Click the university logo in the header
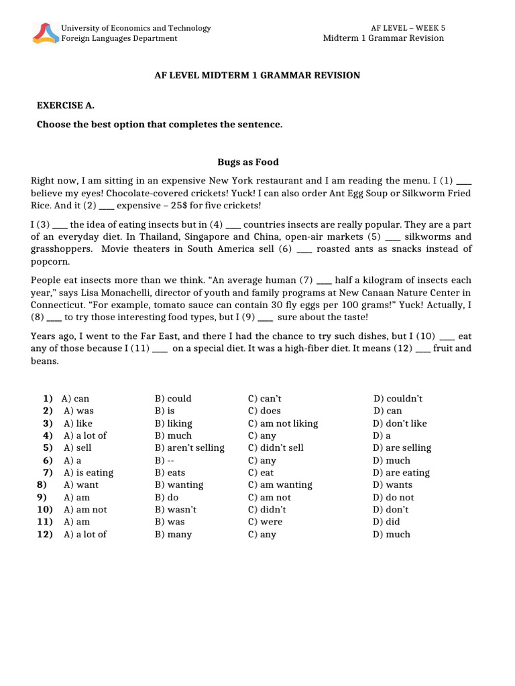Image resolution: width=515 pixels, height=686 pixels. tap(45, 33)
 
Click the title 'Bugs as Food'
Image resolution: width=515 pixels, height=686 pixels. tap(247, 162)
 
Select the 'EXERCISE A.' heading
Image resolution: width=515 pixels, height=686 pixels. tap(65, 106)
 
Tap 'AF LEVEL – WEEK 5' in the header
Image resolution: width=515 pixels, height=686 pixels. tap(408, 28)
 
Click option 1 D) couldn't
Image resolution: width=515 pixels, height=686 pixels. tap(398, 399)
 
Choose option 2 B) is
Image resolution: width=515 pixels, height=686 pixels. tap(165, 411)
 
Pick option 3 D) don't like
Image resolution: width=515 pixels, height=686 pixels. tap(400, 423)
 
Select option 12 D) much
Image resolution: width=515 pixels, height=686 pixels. tap(392, 534)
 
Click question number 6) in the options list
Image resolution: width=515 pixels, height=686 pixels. tap(48, 460)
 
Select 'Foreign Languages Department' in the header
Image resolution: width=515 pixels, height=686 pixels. tap(119, 38)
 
